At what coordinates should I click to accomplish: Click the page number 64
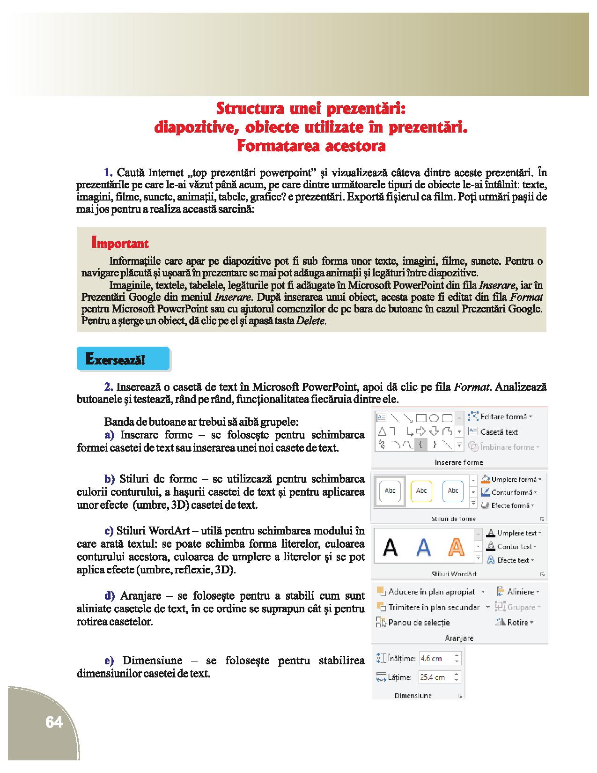pos(54,722)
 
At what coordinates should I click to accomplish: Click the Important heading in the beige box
pos(120,244)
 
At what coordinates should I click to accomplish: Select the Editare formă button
pos(503,416)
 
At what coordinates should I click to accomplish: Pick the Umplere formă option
pos(513,479)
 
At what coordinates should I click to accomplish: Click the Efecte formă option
pos(512,505)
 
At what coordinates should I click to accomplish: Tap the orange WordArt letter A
pos(456,546)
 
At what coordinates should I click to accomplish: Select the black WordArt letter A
pos(391,546)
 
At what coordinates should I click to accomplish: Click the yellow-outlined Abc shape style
pos(421,491)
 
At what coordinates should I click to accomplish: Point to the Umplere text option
pos(516,533)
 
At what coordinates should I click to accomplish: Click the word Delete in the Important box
pos(311,321)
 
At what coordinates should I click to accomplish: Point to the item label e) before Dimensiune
pos(109,661)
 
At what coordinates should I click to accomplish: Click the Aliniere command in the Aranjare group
pos(520,592)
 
